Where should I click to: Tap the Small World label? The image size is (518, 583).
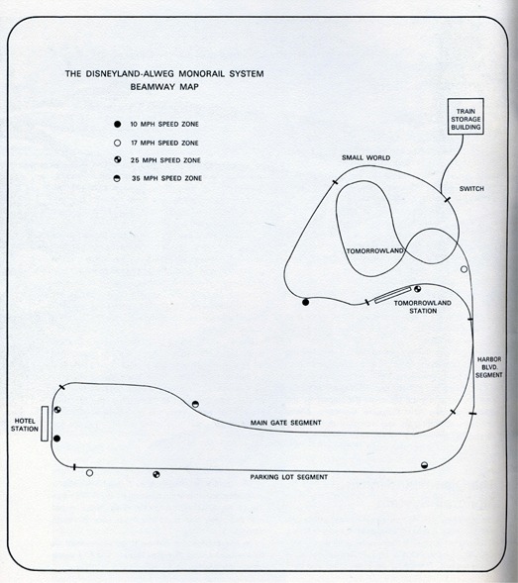tap(366, 157)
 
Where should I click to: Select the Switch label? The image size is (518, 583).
tap(471, 189)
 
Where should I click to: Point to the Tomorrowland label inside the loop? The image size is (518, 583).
tap(375, 251)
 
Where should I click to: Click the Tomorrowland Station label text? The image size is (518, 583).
tap(423, 307)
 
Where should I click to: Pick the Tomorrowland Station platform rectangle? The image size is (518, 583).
tap(392, 295)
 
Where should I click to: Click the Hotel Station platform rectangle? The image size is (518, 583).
tap(45, 424)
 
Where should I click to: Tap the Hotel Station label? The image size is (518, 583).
tap(25, 425)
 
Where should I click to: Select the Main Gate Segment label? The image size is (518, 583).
tap(286, 423)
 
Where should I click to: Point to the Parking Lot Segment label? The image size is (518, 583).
tap(289, 477)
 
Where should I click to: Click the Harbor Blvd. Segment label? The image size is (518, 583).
tap(489, 367)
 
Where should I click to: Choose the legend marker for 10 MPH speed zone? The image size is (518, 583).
tap(117, 124)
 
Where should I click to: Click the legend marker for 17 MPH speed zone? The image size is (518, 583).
tap(117, 143)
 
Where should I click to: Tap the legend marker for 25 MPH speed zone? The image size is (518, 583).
tap(117, 160)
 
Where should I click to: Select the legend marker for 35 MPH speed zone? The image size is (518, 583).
tap(117, 178)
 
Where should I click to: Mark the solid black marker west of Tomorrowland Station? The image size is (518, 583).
tap(305, 302)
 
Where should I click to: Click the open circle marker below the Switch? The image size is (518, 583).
tap(464, 269)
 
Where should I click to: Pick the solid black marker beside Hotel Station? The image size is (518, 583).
tap(56, 438)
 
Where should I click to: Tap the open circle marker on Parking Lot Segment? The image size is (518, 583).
tap(89, 473)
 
